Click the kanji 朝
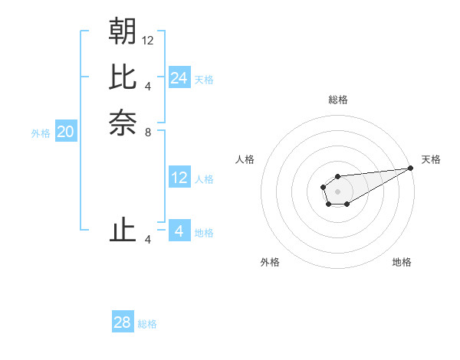pos(123,31)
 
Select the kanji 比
pos(123,77)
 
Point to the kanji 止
pos(123,231)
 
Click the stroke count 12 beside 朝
pos(148,40)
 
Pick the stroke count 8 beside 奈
pos(148,132)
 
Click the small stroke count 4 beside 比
pos(148,86)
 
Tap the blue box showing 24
pos(179,78)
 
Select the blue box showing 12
pos(179,178)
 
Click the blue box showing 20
pos(66,132)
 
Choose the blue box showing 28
pos(123,322)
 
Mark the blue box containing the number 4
pos(179,231)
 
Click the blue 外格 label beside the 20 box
pos(41,133)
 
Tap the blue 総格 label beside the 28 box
pos(147,324)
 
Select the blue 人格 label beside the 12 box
pos(204,179)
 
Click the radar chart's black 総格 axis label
pos(337,100)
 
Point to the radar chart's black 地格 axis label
pos(402,263)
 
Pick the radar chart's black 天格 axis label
pos(431,159)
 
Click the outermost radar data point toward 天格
pos(411,168)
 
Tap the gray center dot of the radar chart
pos(337,191)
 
